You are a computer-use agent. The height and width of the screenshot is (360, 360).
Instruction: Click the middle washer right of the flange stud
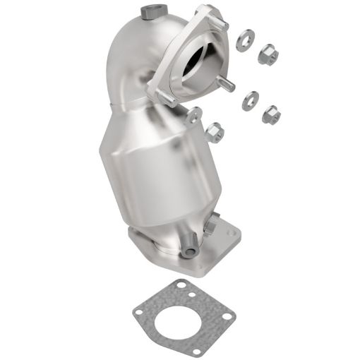click(248, 101)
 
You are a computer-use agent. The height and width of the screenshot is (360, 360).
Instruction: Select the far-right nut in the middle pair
click(270, 114)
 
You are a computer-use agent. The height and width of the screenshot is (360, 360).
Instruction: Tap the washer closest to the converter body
click(191, 116)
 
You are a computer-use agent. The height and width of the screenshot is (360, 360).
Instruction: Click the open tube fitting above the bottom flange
click(187, 251)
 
